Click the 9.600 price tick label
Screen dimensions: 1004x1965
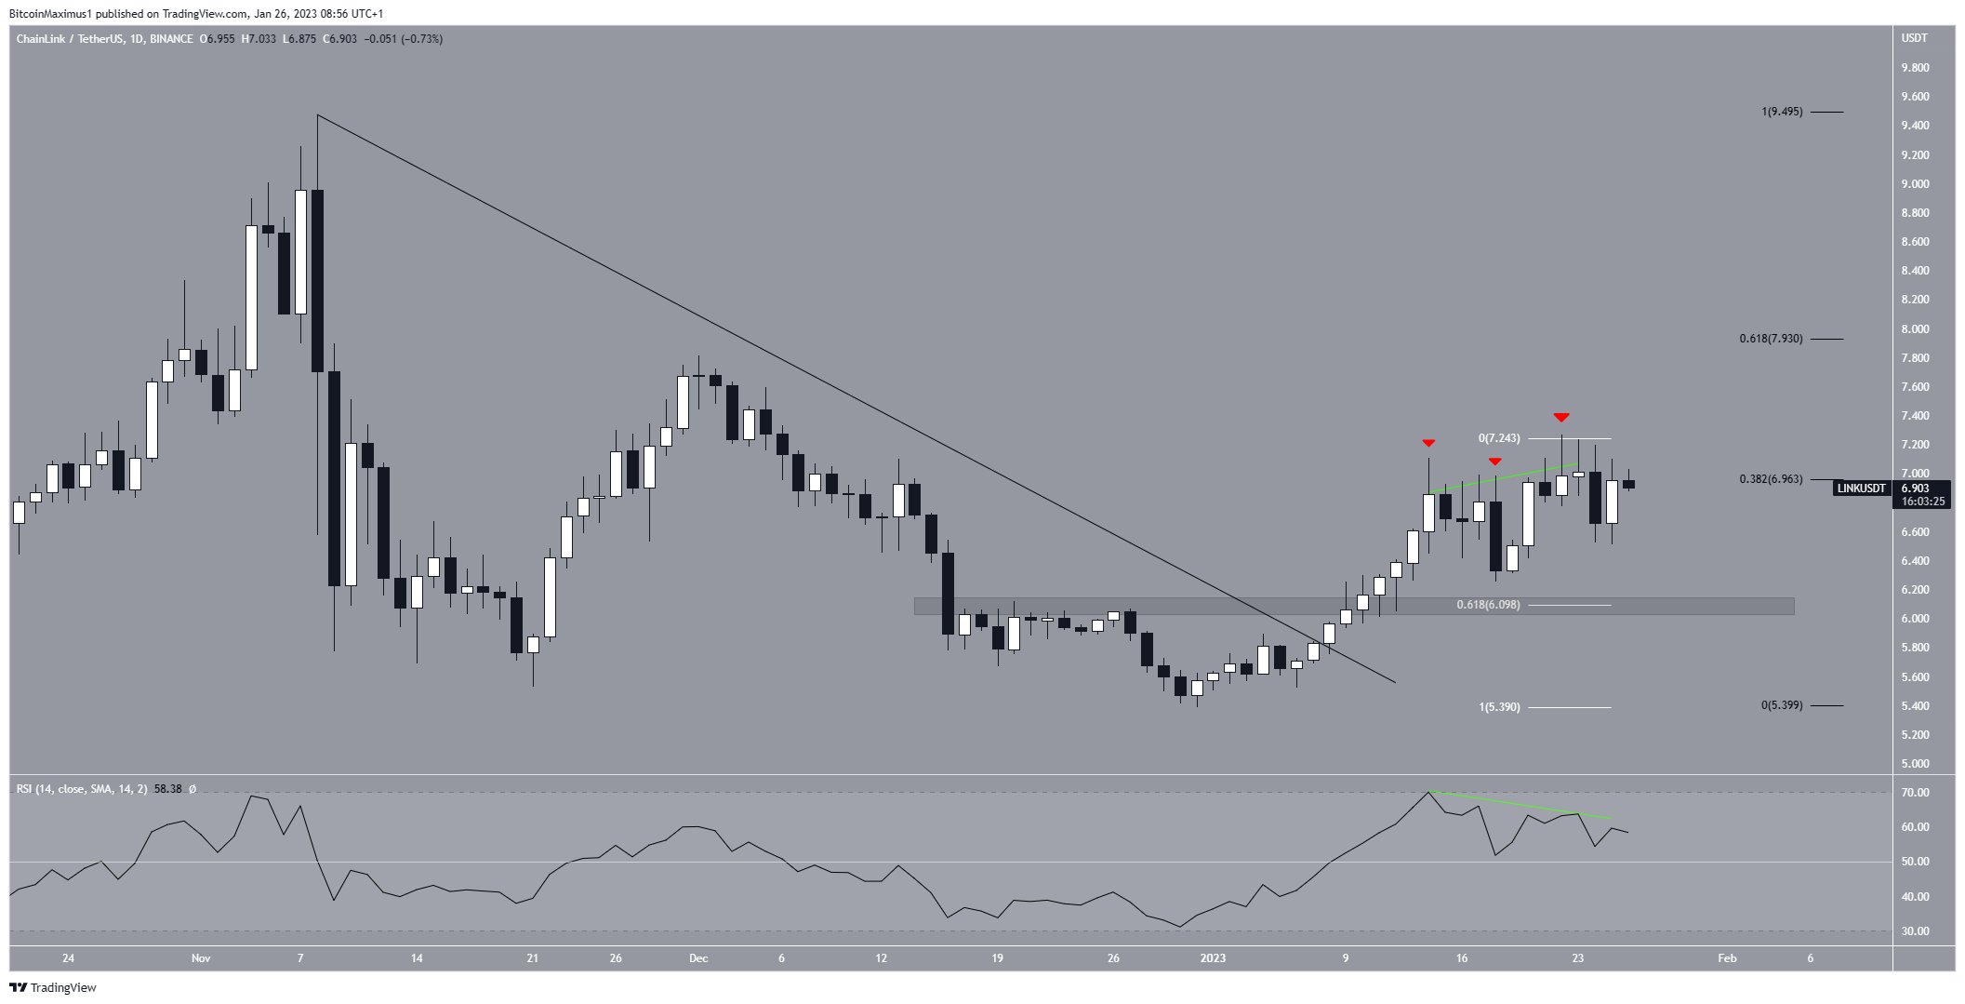pyautogui.click(x=1914, y=97)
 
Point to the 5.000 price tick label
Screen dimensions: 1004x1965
pyautogui.click(x=1914, y=764)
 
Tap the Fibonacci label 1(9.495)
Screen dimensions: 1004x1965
pyautogui.click(x=1781, y=112)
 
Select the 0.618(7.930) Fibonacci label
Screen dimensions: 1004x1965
pyautogui.click(x=1771, y=339)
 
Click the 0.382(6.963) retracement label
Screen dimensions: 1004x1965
pyautogui.click(x=1771, y=479)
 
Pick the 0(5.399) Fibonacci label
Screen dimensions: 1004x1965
pyautogui.click(x=1781, y=705)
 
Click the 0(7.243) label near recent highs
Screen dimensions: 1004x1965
pyautogui.click(x=1499, y=438)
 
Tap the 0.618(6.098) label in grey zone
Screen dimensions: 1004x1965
pyautogui.click(x=1488, y=605)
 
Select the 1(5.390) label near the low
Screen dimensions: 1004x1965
pyautogui.click(x=1499, y=707)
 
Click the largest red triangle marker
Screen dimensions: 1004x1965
pyautogui.click(x=1561, y=417)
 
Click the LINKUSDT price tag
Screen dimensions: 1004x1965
pyautogui.click(x=1861, y=489)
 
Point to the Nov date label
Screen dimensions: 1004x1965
pyautogui.click(x=201, y=958)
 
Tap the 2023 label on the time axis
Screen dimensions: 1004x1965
pyautogui.click(x=1213, y=958)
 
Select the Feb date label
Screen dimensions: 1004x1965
pyautogui.click(x=1727, y=958)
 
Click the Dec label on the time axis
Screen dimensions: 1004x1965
pyautogui.click(x=698, y=958)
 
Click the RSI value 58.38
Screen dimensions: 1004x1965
pyautogui.click(x=167, y=789)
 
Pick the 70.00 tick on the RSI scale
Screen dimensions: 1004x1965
pyautogui.click(x=1914, y=793)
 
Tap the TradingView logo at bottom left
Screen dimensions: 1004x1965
pyautogui.click(x=53, y=988)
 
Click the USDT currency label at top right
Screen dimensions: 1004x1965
pyautogui.click(x=1914, y=38)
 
